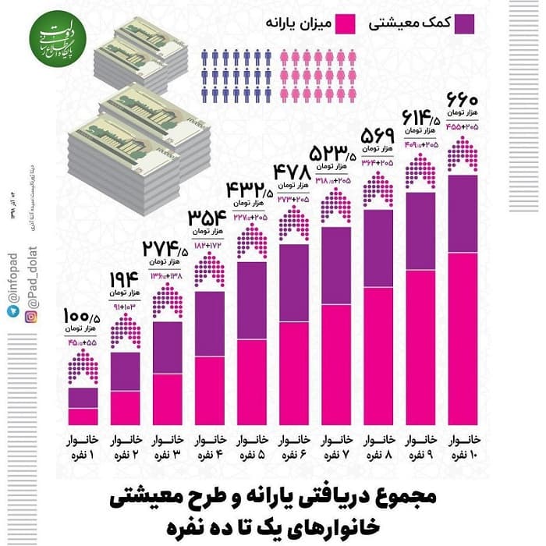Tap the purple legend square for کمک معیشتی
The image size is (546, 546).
[466, 23]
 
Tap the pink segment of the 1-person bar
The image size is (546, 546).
[83, 416]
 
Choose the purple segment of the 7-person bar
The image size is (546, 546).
[335, 265]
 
